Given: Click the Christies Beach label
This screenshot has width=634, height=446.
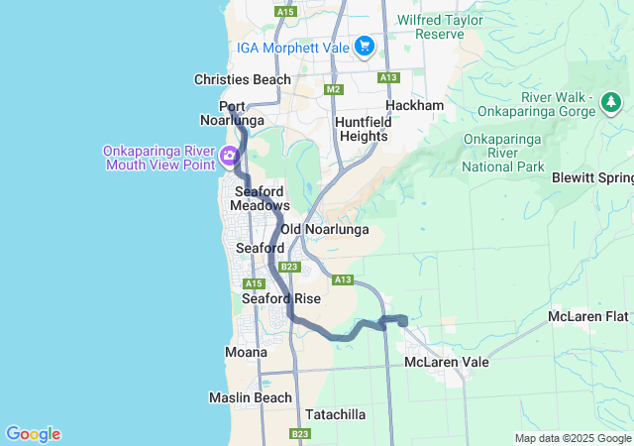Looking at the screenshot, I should pyautogui.click(x=243, y=79).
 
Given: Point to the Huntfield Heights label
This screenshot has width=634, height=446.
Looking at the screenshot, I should pyautogui.click(x=364, y=129).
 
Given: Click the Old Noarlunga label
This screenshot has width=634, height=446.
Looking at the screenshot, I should pyautogui.click(x=325, y=229).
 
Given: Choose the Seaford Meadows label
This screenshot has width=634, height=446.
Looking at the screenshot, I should pyautogui.click(x=260, y=197).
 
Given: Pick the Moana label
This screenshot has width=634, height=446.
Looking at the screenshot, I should pyautogui.click(x=246, y=352).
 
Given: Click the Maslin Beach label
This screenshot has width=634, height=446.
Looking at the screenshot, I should pyautogui.click(x=250, y=397).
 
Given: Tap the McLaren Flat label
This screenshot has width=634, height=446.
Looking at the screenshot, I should pyautogui.click(x=588, y=317).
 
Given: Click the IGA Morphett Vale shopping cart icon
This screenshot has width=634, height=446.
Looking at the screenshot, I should pyautogui.click(x=364, y=45).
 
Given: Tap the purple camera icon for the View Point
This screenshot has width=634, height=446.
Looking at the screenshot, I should pyautogui.click(x=229, y=156).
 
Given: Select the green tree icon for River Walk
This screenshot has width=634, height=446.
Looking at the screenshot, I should pyautogui.click(x=611, y=101).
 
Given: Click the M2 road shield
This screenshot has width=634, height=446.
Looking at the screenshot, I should pyautogui.click(x=333, y=89).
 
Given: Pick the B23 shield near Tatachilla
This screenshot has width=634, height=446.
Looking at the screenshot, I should pyautogui.click(x=300, y=433).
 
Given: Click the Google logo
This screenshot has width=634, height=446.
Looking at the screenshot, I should pyautogui.click(x=33, y=433).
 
